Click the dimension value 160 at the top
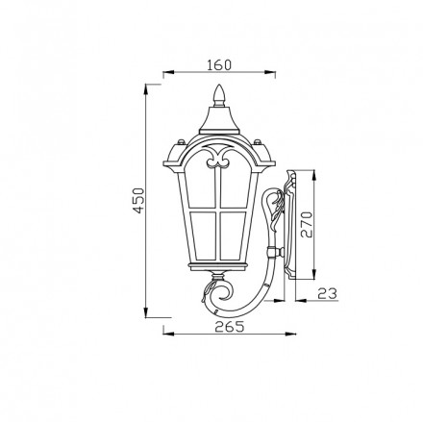pos(220,65)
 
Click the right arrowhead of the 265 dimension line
pos(289,334)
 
